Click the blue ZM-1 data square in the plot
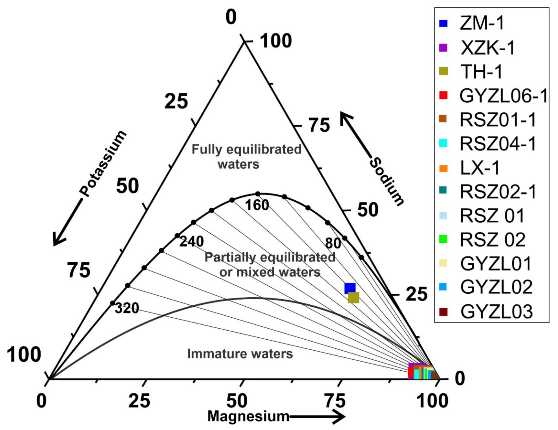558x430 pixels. coord(350,288)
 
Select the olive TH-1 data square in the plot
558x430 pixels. coord(353,298)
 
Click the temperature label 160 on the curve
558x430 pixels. coord(257,205)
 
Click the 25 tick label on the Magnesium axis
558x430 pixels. coord(139,401)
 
